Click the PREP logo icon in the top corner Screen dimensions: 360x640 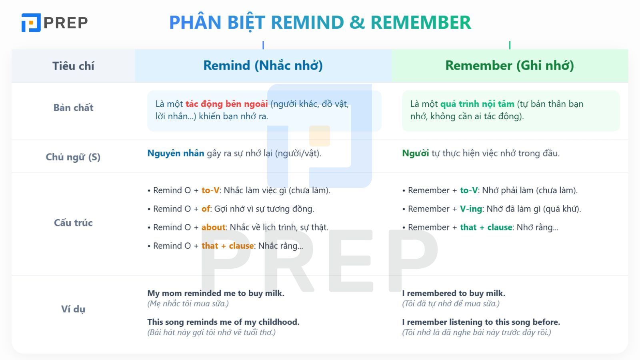pos(31,22)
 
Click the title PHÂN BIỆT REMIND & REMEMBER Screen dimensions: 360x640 pos(320,22)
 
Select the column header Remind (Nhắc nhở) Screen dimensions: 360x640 pos(263,66)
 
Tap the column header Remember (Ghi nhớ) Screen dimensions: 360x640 pos(509,66)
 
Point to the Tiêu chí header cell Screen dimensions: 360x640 pos(73,66)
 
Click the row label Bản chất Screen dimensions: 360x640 pos(73,108)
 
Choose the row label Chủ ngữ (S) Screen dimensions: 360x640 pos(73,157)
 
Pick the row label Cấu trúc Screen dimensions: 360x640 pos(73,223)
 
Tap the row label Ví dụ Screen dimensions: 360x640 pos(73,309)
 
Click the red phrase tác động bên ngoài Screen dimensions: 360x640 pos(226,104)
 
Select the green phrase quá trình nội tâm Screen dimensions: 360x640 pos(477,104)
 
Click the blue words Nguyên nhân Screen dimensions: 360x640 pos(176,153)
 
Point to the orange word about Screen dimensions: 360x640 pos(213,227)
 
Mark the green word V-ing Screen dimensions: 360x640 pos(471,209)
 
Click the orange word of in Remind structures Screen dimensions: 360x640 pos(206,209)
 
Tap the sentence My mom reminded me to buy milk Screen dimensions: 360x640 pos(216,293)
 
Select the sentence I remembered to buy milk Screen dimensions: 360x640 pos(454,293)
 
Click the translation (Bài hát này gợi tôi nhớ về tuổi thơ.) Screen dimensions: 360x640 pos(211,332)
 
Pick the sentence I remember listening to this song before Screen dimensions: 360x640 pos(481,322)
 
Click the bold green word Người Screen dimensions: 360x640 pos(415,153)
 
